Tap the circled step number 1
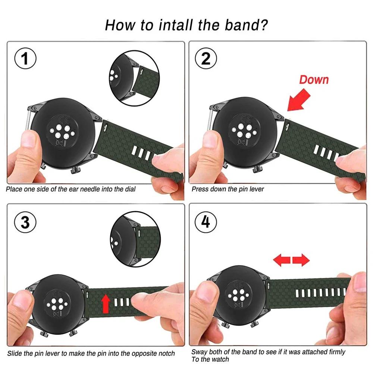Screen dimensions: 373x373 [x=25, y=59]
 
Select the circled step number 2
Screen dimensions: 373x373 [x=206, y=59]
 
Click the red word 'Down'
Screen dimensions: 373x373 [x=314, y=79]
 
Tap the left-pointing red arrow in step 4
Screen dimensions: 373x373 [x=282, y=260]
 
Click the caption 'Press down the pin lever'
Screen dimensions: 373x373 [x=228, y=189]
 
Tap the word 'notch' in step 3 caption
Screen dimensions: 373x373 [x=166, y=353]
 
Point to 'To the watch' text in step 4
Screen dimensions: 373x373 [x=210, y=359]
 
